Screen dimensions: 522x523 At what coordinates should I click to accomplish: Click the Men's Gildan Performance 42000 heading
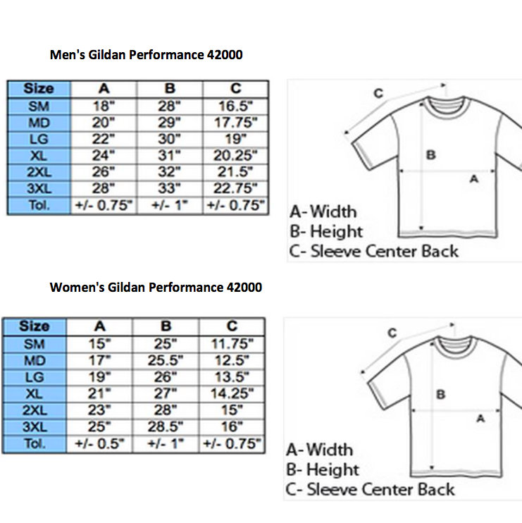(146, 55)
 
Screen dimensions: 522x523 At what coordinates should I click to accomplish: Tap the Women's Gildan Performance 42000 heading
(156, 287)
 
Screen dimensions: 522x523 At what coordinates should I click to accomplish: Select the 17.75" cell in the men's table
(236, 123)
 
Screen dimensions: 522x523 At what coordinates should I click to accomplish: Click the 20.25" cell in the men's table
(236, 156)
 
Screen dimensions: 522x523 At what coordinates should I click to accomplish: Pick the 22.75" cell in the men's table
(236, 188)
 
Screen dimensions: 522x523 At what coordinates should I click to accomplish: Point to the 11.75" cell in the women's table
(232, 344)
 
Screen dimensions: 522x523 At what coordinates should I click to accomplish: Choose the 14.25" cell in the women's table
(232, 393)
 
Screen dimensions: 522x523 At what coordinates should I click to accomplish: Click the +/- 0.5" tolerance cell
(99, 443)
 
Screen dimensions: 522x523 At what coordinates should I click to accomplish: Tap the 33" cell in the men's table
(169, 188)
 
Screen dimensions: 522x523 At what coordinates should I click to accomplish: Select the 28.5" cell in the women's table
(166, 426)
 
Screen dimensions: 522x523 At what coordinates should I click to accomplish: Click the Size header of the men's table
(39, 89)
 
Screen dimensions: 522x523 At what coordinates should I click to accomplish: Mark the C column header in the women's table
(232, 326)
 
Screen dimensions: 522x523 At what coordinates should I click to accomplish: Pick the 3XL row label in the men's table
(39, 189)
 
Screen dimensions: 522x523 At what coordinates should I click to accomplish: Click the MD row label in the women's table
(35, 361)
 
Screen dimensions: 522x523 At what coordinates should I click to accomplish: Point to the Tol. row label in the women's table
(35, 444)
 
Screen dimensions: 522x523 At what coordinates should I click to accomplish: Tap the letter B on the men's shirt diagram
(431, 155)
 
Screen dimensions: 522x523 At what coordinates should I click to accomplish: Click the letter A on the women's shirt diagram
(480, 418)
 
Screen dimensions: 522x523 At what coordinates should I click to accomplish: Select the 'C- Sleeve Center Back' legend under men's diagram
(374, 251)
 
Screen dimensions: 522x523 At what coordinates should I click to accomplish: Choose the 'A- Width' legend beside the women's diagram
(320, 450)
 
